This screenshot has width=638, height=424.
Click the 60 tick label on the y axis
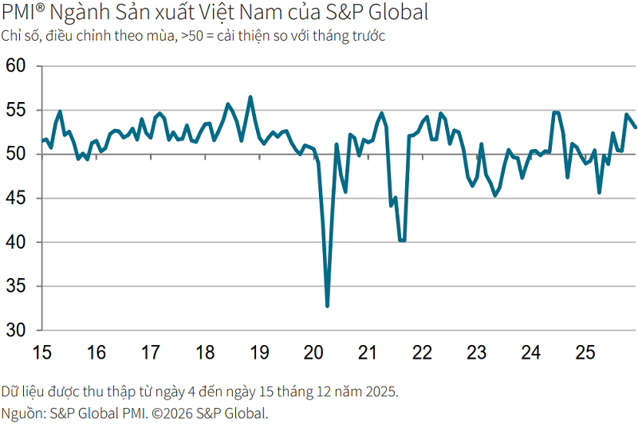point(16,66)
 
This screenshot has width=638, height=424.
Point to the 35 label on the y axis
point(16,286)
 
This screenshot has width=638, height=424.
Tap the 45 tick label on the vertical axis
point(16,198)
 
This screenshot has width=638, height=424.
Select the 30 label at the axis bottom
point(16,330)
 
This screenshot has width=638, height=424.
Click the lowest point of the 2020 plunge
point(327,305)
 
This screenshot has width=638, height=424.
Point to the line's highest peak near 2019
point(250,97)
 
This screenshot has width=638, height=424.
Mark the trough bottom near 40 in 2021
point(402,240)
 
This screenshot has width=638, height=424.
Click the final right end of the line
point(635,127)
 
